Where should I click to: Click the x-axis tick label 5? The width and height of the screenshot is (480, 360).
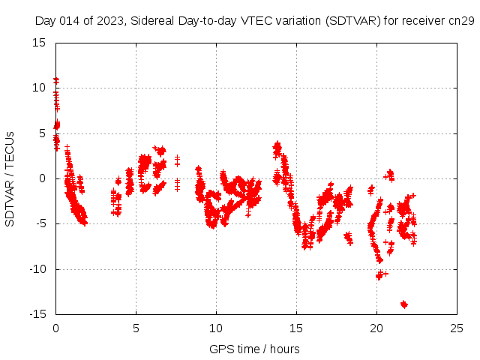[136, 328]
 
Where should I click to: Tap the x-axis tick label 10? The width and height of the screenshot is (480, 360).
[216, 328]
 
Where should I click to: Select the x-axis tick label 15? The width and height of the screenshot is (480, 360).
[296, 328]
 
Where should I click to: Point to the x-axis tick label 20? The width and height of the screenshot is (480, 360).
[376, 328]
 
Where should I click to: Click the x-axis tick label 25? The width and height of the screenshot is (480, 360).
[457, 328]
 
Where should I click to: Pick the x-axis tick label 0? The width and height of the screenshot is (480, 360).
[55, 328]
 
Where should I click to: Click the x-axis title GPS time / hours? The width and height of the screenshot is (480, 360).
[254, 349]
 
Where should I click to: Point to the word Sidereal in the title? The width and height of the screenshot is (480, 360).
[150, 22]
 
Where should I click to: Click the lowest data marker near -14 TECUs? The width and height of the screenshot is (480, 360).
[404, 304]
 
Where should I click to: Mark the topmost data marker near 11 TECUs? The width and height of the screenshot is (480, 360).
[55, 79]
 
